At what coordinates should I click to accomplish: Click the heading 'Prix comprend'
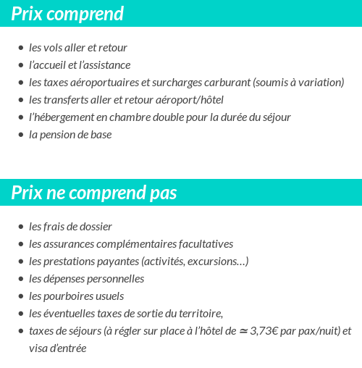tap(67, 14)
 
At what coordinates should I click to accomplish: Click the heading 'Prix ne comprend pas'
tap(94, 193)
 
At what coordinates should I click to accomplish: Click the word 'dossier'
tap(95, 227)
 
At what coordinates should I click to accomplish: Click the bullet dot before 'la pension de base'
tap(21, 135)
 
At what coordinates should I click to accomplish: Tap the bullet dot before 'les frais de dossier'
tap(21, 227)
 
